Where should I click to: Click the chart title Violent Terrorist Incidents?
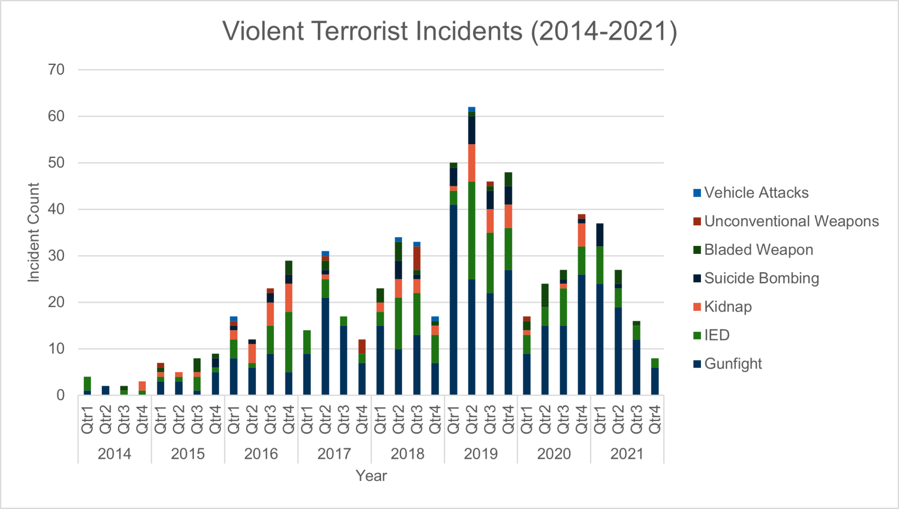[449, 32]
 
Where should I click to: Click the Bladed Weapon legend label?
[758, 250]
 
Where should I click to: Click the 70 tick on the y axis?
[56, 69]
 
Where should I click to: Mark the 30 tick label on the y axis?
[56, 256]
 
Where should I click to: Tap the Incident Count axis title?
[34, 232]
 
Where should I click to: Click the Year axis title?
[371, 476]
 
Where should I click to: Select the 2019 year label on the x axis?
[481, 454]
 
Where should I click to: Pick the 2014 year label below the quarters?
[115, 454]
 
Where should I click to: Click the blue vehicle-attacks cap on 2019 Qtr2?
[471, 109]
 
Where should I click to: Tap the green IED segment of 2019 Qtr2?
[471, 230]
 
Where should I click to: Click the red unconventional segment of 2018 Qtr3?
[417, 258]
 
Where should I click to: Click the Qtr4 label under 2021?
[654, 420]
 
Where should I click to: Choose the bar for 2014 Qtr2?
[105, 390]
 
